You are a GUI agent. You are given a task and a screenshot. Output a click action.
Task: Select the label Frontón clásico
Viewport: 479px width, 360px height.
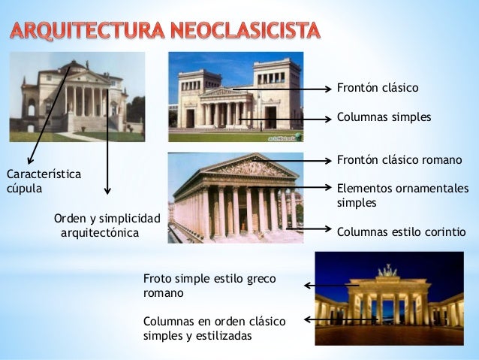(377, 88)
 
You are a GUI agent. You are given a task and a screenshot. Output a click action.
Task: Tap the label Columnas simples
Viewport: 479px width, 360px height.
(384, 117)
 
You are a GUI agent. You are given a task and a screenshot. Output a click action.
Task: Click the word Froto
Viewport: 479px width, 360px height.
(157, 279)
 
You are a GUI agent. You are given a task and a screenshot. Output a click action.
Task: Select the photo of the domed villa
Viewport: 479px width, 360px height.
(77, 96)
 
